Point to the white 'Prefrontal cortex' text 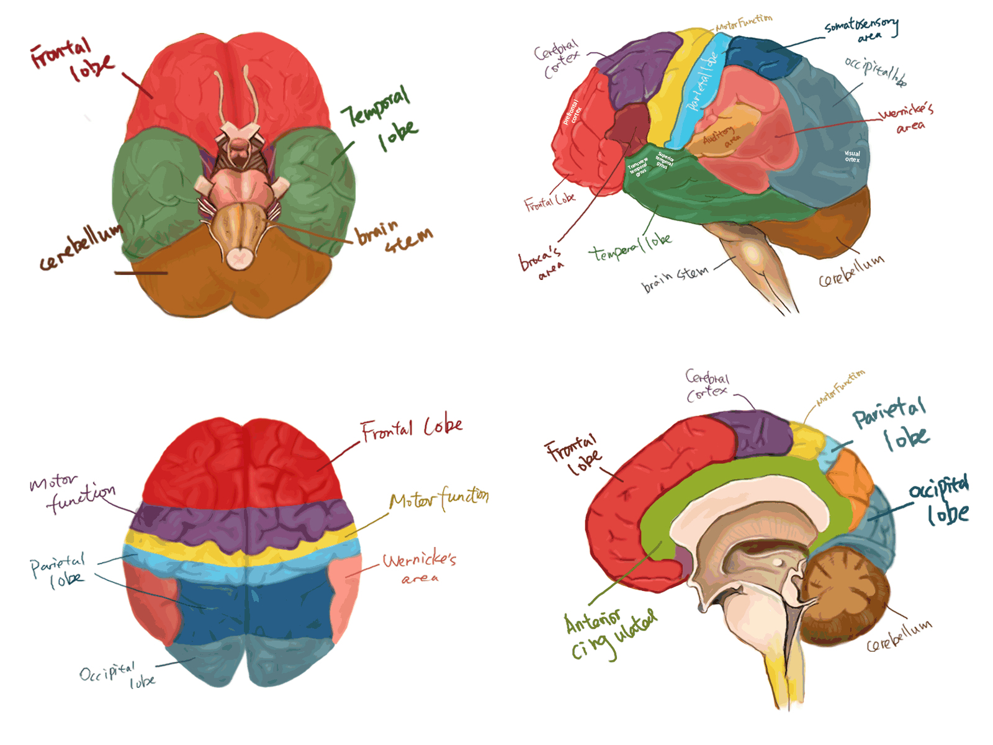(572, 112)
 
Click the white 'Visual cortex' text (852, 156)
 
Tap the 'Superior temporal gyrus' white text (664, 161)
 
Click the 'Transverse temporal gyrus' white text (639, 167)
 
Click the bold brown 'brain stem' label (393, 237)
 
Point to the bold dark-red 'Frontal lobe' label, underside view (71, 60)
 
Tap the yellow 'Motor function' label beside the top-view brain (438, 499)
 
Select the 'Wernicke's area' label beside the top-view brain (419, 567)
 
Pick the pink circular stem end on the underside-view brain (238, 258)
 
